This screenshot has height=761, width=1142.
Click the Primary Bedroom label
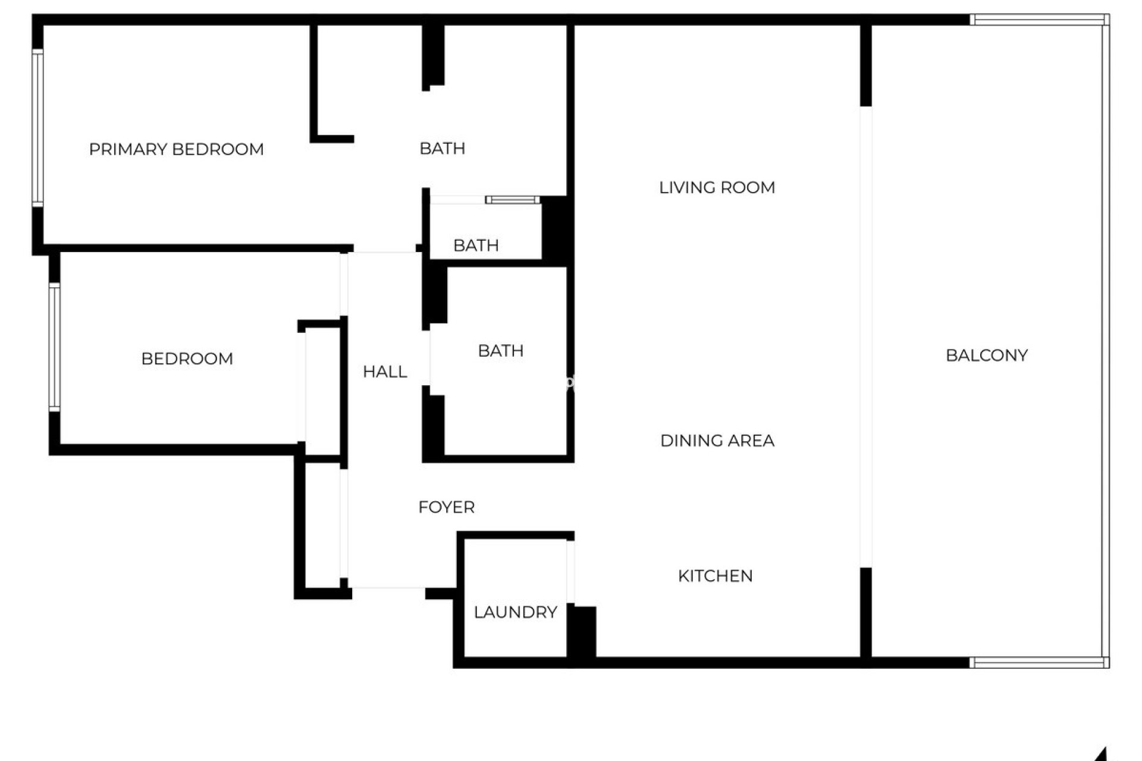pyautogui.click(x=176, y=149)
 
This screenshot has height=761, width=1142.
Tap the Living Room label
pyautogui.click(x=717, y=188)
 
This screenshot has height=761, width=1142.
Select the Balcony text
pyautogui.click(x=986, y=356)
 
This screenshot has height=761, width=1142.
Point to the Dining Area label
pyautogui.click(x=717, y=441)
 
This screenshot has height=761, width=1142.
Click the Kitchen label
pyautogui.click(x=715, y=576)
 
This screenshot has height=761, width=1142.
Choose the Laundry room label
pyautogui.click(x=515, y=612)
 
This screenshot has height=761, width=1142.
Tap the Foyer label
pyautogui.click(x=446, y=507)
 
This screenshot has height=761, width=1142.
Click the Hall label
pyautogui.click(x=385, y=372)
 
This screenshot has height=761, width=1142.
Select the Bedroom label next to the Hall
pyautogui.click(x=187, y=359)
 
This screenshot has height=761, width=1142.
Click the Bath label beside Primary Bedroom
pyautogui.click(x=442, y=149)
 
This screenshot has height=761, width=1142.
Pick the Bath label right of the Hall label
pyautogui.click(x=500, y=351)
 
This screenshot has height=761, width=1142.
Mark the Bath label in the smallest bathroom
pyautogui.click(x=476, y=245)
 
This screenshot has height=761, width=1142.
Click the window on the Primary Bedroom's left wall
pyautogui.click(x=37, y=128)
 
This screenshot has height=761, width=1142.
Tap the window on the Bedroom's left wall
pyautogui.click(x=54, y=347)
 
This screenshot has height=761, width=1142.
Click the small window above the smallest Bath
pyautogui.click(x=512, y=200)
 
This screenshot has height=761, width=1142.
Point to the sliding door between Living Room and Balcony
pyautogui.click(x=866, y=337)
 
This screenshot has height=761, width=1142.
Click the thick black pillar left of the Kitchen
pyautogui.click(x=582, y=631)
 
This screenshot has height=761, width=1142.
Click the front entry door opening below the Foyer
pyautogui.click(x=388, y=588)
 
